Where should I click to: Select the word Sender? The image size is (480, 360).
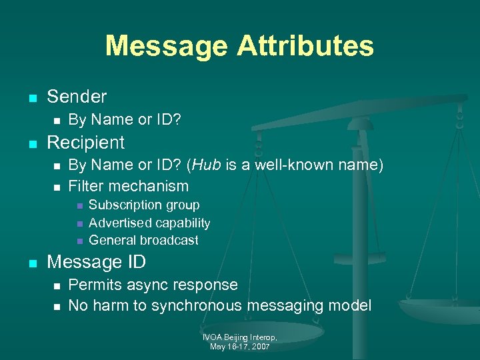click(77, 97)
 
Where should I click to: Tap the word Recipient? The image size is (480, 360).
click(85, 142)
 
